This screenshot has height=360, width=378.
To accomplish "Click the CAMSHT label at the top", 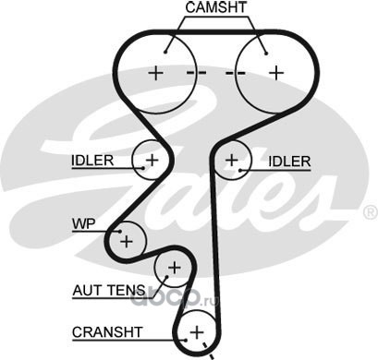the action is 216,7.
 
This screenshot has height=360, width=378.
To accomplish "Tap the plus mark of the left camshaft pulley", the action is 156,73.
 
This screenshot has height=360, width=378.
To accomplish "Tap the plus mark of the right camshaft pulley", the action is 276,73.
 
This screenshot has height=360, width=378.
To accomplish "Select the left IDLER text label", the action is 92,161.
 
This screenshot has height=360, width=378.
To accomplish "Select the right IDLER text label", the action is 289,162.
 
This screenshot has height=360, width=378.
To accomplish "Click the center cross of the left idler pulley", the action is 152,160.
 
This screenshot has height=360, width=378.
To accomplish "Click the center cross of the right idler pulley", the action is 232,160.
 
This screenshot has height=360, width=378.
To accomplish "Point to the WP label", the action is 84,223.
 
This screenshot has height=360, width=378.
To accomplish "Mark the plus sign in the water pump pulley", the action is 127,241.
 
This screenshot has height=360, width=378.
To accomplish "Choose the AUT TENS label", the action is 109,290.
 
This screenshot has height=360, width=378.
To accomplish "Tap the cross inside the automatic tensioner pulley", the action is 175,268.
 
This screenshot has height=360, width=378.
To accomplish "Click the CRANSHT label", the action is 107,332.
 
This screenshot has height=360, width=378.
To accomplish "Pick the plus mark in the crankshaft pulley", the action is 197,332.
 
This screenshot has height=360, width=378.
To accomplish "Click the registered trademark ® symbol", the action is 371,212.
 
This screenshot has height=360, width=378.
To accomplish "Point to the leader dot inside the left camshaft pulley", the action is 165,52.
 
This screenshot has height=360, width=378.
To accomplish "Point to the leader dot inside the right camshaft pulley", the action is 266,54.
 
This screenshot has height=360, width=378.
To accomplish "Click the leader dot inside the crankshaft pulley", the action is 186,340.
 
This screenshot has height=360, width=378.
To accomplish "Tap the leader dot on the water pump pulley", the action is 120,232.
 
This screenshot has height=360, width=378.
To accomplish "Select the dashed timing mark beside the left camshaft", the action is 197,73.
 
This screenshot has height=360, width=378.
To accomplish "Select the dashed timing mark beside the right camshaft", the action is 236,73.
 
